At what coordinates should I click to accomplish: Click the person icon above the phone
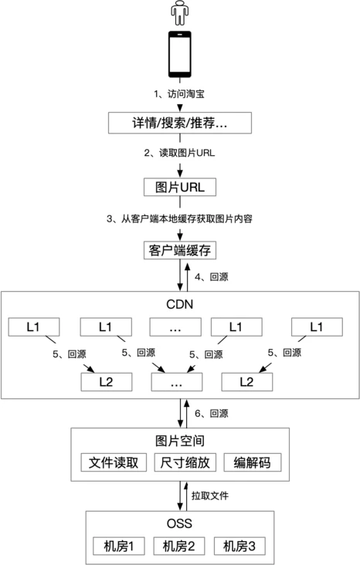(x=179, y=14)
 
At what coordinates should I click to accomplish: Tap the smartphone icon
(x=179, y=55)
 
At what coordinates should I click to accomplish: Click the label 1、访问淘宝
(x=179, y=94)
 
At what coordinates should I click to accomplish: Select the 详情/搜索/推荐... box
(x=179, y=123)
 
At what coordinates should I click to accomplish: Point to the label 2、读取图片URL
(x=179, y=153)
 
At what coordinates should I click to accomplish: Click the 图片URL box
(x=179, y=187)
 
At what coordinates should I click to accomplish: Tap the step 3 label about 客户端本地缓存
(x=179, y=218)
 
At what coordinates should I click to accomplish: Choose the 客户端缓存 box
(x=179, y=251)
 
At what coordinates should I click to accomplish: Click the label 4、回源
(x=212, y=276)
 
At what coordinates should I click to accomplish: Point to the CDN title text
(x=179, y=303)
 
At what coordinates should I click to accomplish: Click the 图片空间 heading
(x=179, y=441)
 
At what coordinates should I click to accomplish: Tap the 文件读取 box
(x=114, y=462)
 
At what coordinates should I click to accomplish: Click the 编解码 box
(x=252, y=462)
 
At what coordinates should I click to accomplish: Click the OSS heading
(x=179, y=523)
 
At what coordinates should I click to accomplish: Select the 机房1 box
(x=119, y=546)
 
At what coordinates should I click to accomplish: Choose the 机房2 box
(x=179, y=546)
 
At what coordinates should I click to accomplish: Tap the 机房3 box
(x=239, y=546)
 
